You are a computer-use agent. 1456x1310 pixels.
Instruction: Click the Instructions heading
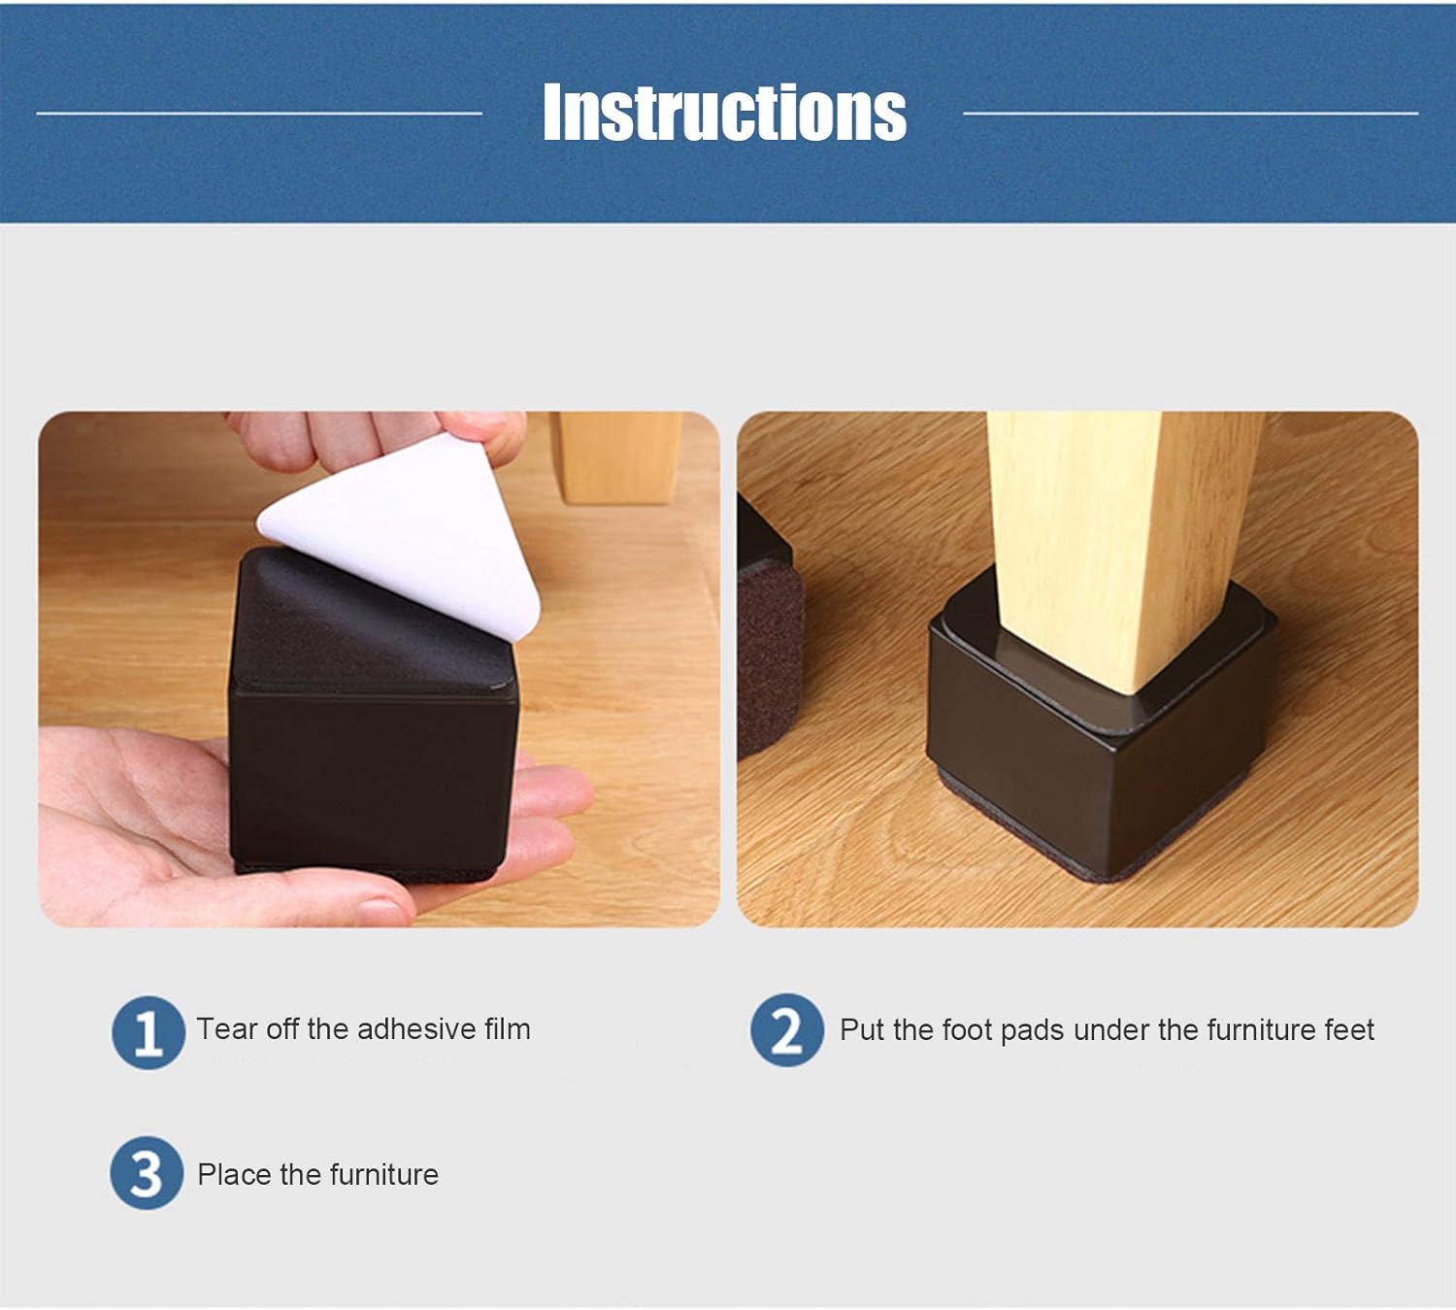click(x=724, y=113)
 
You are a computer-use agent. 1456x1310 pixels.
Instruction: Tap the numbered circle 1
click(x=148, y=1032)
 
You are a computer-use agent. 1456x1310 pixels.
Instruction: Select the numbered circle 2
click(x=786, y=1030)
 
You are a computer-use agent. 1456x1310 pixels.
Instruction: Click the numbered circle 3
click(x=146, y=1173)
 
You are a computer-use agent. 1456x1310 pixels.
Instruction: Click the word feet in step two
click(x=1349, y=1030)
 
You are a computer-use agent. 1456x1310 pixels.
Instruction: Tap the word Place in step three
click(x=234, y=1175)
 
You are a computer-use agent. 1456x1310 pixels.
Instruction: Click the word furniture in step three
click(x=384, y=1175)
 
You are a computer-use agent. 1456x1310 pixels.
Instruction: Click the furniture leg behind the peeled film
click(x=617, y=456)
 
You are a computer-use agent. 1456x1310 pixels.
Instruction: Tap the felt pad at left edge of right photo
click(x=769, y=660)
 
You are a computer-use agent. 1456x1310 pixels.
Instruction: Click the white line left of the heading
click(x=259, y=114)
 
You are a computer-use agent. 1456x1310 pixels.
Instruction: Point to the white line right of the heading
click(x=1190, y=114)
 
